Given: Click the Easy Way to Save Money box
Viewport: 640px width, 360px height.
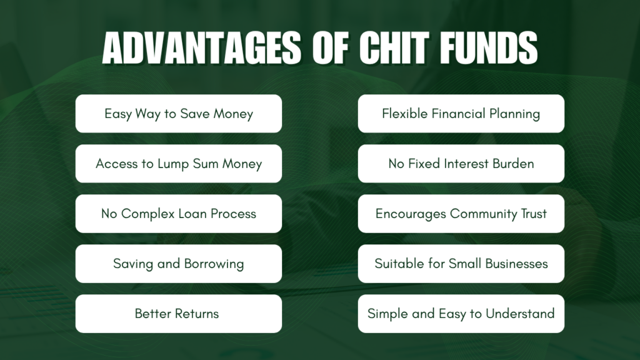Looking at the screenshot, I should (179, 114).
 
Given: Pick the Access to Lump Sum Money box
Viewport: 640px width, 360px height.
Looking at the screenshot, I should (179, 164).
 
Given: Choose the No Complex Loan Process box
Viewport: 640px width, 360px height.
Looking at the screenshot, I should (179, 214).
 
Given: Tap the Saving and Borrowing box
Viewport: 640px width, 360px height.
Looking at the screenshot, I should (179, 264).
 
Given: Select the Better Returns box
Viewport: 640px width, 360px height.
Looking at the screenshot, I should (179, 314).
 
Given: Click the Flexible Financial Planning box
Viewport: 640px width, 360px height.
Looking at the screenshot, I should (461, 114).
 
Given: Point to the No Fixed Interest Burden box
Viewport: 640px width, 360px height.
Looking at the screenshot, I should (461, 164).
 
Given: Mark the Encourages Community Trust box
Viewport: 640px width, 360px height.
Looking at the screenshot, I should (461, 214).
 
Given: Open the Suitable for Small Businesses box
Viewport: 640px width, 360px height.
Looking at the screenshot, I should (461, 264).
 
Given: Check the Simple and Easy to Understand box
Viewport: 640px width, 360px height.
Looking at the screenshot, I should (461, 314).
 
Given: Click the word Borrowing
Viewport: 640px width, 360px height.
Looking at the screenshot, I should (213, 264).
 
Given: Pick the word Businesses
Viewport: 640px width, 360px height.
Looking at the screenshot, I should (516, 264).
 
